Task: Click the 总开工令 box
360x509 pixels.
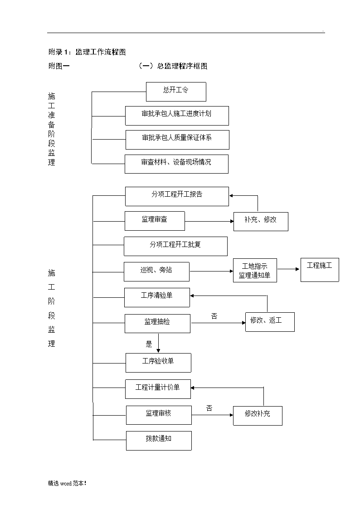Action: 176,92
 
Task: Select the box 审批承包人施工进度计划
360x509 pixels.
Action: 177,116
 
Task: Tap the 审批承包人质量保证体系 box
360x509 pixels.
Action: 177,140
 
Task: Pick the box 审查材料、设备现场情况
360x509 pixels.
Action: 176,164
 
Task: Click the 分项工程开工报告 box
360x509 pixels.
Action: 177,196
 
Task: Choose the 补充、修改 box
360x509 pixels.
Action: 261,222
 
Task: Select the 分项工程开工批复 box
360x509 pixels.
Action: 175,247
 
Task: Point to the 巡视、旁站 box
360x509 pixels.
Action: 156,271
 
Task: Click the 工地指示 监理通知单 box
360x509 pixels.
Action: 255,271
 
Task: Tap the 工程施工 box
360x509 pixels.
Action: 320,270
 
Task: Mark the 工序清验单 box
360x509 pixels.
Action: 157,297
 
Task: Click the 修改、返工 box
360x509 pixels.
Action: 270,322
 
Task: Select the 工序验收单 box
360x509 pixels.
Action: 158,363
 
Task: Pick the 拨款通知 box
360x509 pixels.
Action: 159,441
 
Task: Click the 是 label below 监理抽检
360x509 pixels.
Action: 149,344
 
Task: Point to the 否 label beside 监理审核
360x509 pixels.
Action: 209,408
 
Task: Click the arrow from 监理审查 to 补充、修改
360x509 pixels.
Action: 209,221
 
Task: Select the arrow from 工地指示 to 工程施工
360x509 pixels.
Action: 288,269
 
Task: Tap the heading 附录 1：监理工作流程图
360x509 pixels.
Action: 87,52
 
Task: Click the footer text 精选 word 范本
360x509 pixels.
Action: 67,483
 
